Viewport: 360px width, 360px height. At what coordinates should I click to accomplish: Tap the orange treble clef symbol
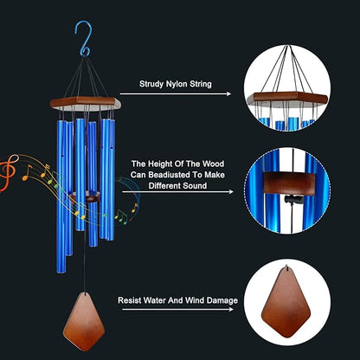coord(10,168)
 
